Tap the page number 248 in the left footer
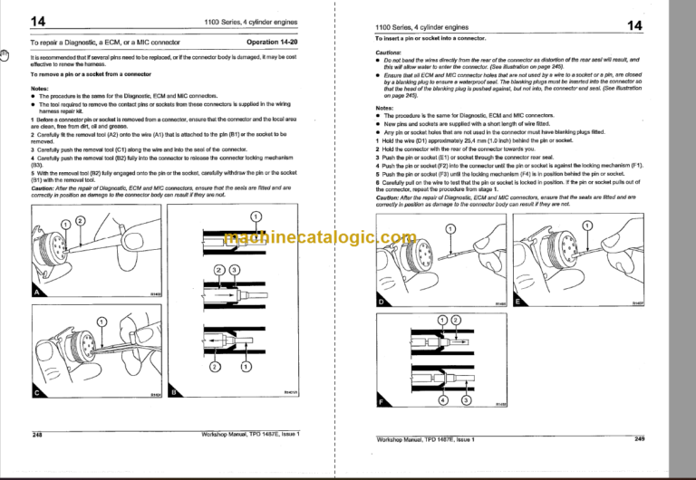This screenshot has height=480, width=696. click(37, 436)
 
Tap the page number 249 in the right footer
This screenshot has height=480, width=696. click(639, 438)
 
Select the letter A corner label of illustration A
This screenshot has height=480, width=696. click(37, 293)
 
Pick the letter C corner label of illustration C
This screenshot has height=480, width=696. click(37, 394)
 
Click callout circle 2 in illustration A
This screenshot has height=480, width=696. click(81, 220)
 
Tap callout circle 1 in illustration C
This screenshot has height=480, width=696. click(101, 319)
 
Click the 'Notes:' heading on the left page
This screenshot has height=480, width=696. click(41, 89)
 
